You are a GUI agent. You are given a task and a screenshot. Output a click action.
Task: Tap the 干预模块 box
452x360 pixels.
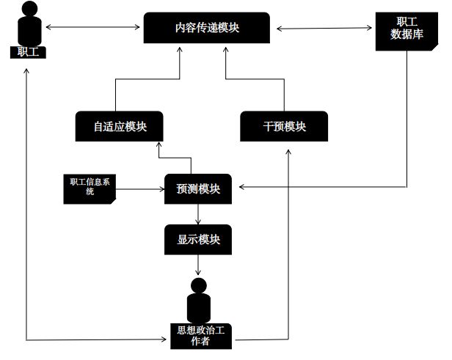pos(284,126)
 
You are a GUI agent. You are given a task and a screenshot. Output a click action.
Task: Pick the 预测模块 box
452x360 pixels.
pos(198,188)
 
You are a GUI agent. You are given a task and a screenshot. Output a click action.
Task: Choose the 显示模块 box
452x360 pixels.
pos(198,240)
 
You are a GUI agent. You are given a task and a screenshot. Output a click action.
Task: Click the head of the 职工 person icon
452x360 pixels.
pos(28,11)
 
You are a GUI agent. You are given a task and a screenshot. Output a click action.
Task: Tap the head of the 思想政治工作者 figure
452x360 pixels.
pos(198,285)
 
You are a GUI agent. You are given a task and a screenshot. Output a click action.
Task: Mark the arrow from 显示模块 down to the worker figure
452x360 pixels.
pos(198,265)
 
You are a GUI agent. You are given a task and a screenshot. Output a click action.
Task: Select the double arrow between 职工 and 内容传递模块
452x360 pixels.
pos(92,28)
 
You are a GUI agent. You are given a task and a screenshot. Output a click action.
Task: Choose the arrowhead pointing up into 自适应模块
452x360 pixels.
pos(159,146)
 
